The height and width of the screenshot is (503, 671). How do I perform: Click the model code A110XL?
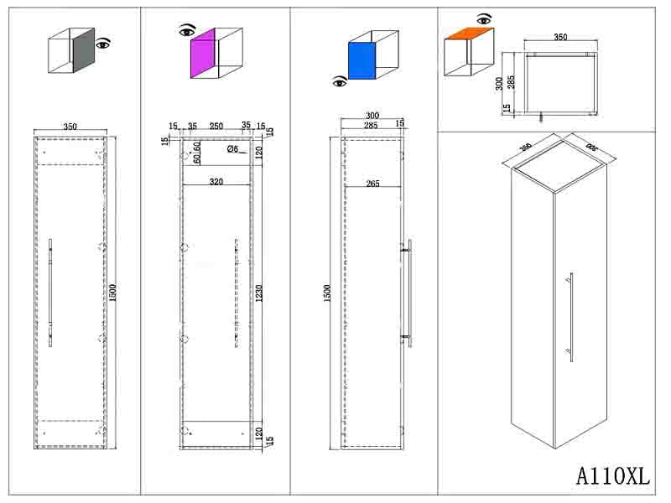point(613,475)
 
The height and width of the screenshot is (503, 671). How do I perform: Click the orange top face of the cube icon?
point(468,34)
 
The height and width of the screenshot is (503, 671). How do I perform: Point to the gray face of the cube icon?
point(83,52)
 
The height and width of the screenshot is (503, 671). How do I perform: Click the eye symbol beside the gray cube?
point(103,43)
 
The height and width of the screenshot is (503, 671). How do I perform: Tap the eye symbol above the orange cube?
point(483,18)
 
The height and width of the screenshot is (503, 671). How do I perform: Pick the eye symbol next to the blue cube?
point(340,81)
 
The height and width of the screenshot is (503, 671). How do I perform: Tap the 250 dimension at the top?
point(216,127)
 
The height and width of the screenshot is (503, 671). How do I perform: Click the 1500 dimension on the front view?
point(112,292)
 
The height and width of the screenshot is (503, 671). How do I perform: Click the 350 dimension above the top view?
point(560,38)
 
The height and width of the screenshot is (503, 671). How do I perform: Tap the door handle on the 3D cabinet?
point(570,317)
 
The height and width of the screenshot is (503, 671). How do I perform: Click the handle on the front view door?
point(50,292)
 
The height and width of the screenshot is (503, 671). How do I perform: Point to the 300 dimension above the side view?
point(372,116)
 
